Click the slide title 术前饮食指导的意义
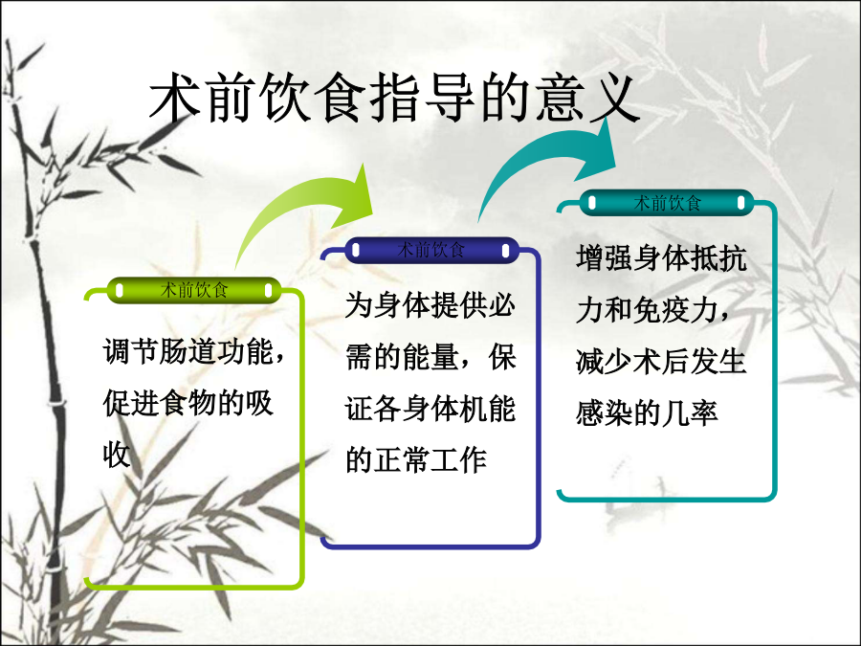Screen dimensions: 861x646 coord(394,98)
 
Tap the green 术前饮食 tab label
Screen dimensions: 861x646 coord(194,290)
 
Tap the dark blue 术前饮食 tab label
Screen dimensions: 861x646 coord(431,250)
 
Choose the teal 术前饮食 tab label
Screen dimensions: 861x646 coord(667,203)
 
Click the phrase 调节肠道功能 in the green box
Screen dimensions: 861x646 coord(188,351)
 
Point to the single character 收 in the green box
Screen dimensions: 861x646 coord(117,455)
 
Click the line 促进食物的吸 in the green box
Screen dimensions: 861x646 coord(188,403)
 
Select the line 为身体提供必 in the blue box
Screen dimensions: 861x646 coord(430,306)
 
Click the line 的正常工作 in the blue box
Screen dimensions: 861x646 coord(416,459)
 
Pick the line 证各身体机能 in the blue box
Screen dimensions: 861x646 coord(430,410)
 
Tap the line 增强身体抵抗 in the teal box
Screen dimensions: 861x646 coord(661,258)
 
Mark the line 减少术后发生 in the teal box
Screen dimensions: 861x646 coord(661,362)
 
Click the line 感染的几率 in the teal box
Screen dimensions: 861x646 coord(647,413)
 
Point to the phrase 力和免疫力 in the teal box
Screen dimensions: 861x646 coord(647,310)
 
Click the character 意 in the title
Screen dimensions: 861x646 coord(560,98)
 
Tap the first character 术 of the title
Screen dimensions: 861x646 coord(176,98)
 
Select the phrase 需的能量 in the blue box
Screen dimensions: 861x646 coord(402,358)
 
